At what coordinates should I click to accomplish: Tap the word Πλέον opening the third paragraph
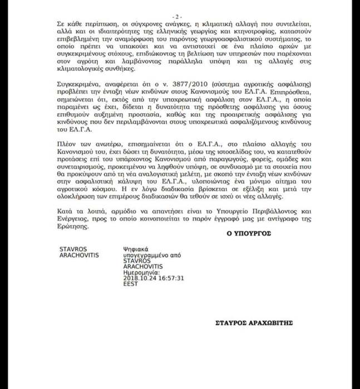(66, 144)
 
